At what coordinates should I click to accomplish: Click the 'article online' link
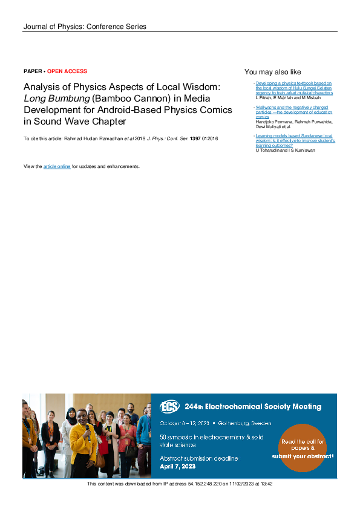tap(57, 166)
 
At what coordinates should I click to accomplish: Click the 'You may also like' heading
tap(272, 72)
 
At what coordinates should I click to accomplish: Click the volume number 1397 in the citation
tap(195, 139)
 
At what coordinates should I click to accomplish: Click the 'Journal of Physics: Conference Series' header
tap(85, 27)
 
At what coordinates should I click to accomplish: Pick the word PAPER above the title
tap(33, 71)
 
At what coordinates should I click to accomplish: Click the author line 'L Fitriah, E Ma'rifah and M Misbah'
tap(289, 97)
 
